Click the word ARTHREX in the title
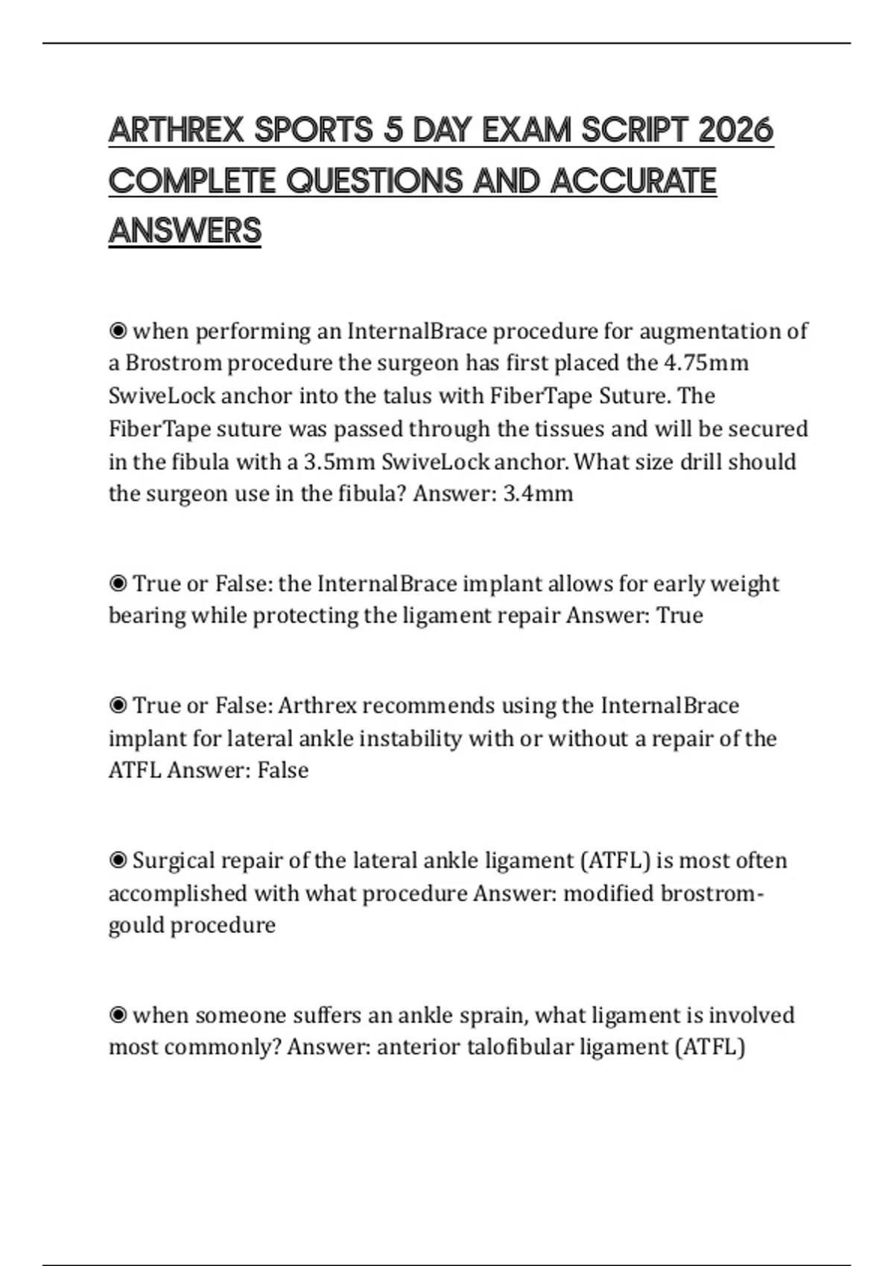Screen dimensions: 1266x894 point(177,131)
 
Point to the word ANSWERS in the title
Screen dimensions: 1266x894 point(185,231)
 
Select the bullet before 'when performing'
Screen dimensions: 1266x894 point(118,330)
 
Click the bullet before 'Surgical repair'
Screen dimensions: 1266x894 point(118,860)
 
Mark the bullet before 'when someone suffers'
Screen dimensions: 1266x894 point(118,1015)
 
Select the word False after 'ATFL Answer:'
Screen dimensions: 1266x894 point(282,770)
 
